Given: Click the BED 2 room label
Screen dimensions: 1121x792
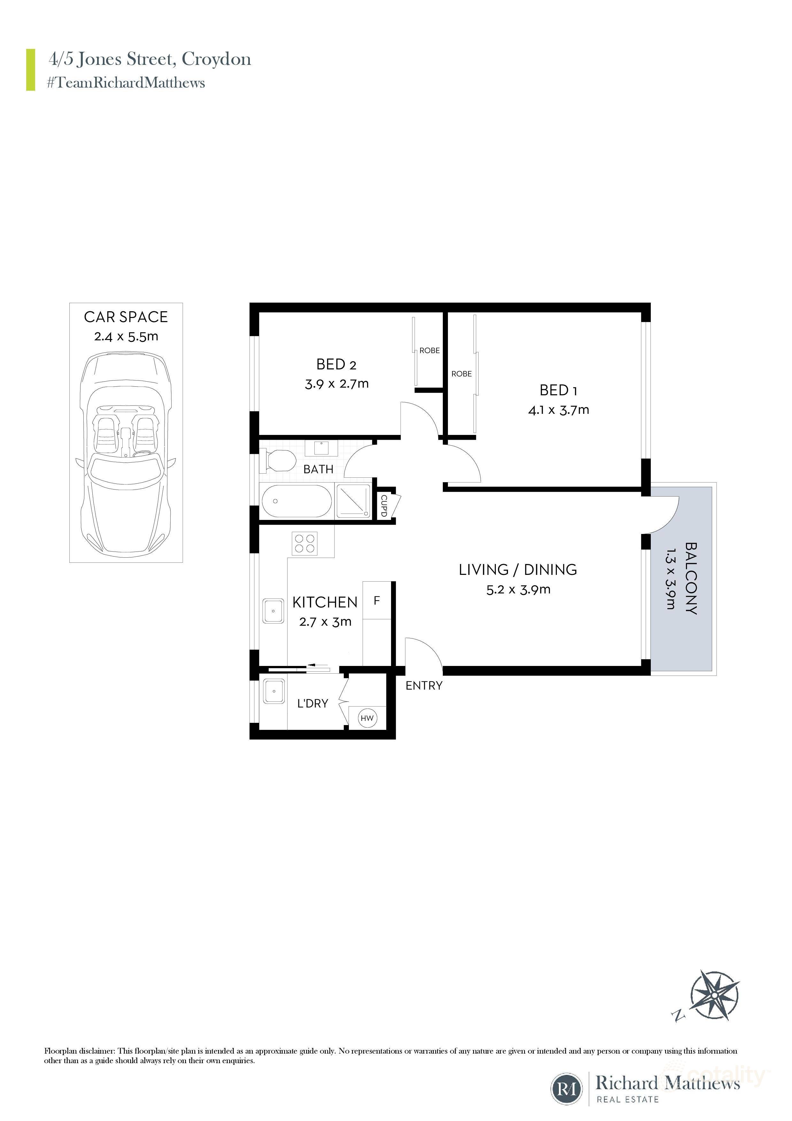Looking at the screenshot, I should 336,364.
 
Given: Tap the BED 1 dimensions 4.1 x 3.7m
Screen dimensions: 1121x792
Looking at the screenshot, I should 558,410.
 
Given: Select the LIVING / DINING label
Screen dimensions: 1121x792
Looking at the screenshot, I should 518,569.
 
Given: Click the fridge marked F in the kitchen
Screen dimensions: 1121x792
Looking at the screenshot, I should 377,600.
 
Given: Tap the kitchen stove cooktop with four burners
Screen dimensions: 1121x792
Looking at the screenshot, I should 304,544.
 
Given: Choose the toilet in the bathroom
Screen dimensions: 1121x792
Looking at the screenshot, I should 279,461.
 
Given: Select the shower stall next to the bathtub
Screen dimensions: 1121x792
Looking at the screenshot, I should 353,501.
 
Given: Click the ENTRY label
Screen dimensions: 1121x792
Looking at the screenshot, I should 424,685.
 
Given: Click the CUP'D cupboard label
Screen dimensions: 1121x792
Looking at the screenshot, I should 384,506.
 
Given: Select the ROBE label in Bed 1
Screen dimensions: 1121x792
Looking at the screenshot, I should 461,374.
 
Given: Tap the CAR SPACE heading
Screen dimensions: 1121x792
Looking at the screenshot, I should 126,317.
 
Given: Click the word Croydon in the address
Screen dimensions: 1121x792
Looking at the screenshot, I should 216,59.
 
